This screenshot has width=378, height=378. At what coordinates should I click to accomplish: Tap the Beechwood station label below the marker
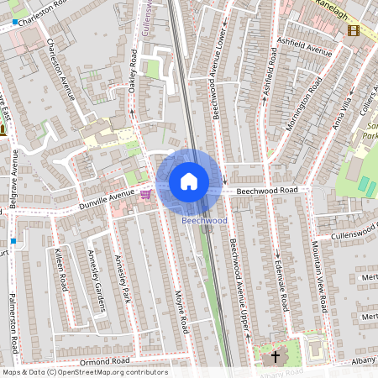pyautogui.click(x=204, y=220)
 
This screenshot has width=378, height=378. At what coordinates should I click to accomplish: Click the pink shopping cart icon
pyautogui.click(x=146, y=194)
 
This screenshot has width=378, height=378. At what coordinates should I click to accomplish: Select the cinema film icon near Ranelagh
pyautogui.click(x=353, y=30)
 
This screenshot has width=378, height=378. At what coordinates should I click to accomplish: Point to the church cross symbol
pyautogui.click(x=275, y=358)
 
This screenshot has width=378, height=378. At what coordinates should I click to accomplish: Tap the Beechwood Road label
pyautogui.click(x=266, y=191)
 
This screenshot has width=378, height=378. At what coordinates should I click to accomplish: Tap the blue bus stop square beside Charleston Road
pyautogui.click(x=15, y=20)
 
